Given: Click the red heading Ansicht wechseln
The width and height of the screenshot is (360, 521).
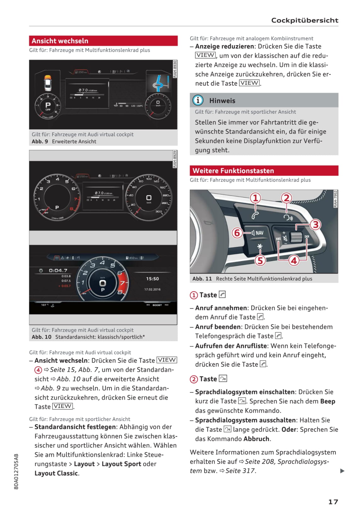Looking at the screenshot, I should coord(60,41).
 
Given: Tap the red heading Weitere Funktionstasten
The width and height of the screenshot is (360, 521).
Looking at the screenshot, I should coord(233,171).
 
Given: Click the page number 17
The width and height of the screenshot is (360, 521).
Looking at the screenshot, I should coord(333,501).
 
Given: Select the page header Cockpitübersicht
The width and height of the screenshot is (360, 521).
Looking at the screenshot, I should coord(305,20).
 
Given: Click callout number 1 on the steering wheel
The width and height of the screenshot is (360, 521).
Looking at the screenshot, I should coord(255,198).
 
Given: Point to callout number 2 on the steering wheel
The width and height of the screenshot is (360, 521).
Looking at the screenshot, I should coord(286,198).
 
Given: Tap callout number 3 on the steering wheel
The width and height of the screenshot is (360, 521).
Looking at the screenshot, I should coord(315,225).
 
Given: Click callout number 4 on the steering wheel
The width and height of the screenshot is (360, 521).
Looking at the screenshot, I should coord(294,260).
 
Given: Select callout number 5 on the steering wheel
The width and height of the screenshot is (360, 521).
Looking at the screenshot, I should coord(260,260).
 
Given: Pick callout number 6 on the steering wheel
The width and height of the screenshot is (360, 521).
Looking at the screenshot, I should coord(237,233).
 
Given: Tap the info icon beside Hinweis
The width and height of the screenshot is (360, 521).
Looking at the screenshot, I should coord(198,100).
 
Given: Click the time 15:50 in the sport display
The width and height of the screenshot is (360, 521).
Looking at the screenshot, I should coord(152,279).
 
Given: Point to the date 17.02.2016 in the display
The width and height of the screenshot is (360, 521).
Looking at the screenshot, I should coord(152,289).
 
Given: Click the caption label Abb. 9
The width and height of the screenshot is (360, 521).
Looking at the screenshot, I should coord(40,141).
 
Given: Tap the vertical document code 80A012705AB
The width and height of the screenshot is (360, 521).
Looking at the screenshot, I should coord(16,471).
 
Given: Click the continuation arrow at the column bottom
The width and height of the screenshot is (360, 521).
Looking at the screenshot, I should coord(342,471).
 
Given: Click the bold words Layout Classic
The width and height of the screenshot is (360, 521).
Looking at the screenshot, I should coord(56,473).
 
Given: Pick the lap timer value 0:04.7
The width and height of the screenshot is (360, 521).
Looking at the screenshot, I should coord(58,270).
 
